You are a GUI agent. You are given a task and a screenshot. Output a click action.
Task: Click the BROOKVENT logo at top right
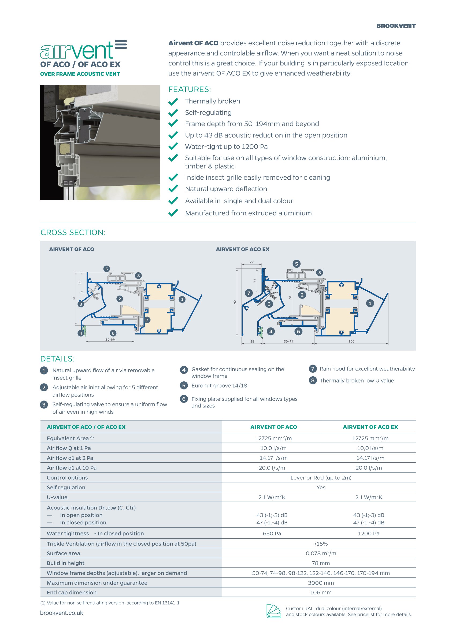pos(396,26)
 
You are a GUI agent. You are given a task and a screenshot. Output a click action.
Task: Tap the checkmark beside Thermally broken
pos(173,101)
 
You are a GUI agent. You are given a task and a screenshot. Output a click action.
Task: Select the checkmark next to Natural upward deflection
pos(173,189)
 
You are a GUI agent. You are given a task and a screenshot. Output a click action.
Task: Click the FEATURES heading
pos(189,89)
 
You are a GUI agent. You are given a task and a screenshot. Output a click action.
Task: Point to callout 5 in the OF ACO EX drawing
pos(296,264)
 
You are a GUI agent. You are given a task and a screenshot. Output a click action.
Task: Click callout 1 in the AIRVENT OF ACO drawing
pos(182,300)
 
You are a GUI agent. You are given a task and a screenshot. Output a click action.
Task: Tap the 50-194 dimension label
pos(111,340)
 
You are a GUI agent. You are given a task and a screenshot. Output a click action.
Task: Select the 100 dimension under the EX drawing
pos(351,342)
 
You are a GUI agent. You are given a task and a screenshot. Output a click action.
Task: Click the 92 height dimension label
pos(235,302)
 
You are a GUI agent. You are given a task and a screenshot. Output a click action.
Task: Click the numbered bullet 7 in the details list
pos(313,369)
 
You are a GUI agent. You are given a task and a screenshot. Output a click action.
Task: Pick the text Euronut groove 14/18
pos(219,385)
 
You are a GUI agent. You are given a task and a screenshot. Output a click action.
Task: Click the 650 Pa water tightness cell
pos(272,533)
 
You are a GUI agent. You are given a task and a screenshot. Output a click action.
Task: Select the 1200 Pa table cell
pos(368,533)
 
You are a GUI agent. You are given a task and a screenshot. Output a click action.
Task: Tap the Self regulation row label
pos(66,487)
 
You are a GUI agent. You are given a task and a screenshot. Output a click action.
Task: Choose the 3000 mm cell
pos(321,583)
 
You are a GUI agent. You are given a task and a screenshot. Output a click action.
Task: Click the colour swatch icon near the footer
pos(273,611)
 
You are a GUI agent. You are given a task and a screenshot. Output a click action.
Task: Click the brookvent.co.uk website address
pos(61,613)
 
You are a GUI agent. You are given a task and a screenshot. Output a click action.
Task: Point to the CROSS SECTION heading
pos(73,232)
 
